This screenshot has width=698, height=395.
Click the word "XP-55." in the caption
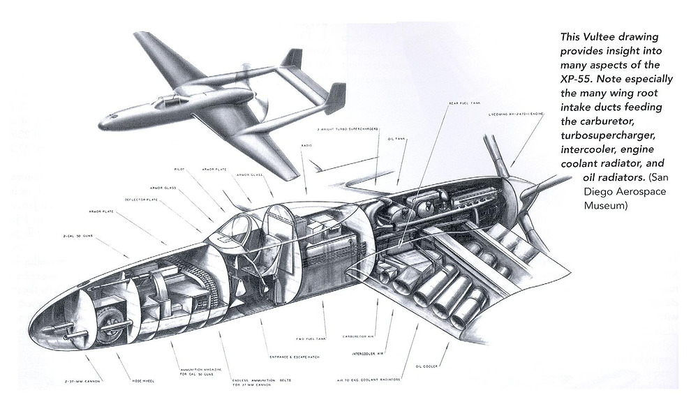(x=579, y=77)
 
